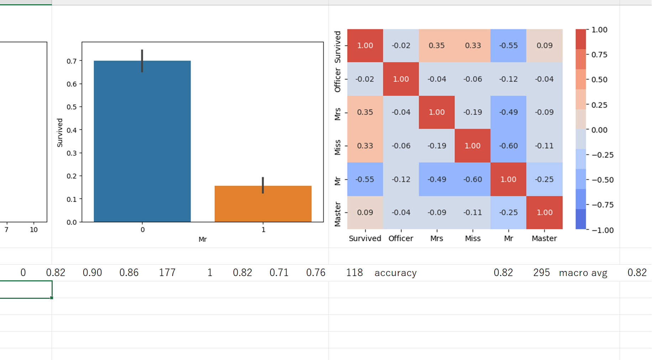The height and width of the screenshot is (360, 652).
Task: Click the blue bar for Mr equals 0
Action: click(142, 149)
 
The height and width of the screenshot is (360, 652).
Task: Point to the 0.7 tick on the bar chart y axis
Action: click(72, 61)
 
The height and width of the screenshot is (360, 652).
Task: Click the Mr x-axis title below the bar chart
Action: click(203, 239)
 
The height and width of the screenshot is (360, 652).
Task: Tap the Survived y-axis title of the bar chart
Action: click(60, 133)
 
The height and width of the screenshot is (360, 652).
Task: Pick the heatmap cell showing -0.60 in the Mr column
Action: click(508, 146)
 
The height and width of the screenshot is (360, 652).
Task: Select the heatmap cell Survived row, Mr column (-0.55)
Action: click(508, 46)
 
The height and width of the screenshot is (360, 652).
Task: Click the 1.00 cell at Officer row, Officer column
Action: click(401, 79)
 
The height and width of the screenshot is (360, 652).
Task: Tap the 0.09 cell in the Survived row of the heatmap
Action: click(545, 46)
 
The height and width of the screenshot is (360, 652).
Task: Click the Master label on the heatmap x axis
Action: click(544, 238)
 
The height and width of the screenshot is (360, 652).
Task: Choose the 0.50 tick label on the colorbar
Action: click(599, 80)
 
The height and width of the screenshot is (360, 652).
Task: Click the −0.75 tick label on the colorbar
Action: click(603, 205)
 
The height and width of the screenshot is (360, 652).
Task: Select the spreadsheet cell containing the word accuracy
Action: click(395, 273)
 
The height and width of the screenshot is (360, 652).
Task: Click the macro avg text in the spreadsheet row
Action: click(583, 273)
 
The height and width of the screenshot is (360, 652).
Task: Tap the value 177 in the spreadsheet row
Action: click(167, 273)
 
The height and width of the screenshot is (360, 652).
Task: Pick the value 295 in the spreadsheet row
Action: click(541, 273)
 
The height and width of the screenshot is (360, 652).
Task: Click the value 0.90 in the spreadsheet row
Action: click(92, 273)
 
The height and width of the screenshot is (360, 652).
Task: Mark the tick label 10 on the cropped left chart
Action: click(34, 230)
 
